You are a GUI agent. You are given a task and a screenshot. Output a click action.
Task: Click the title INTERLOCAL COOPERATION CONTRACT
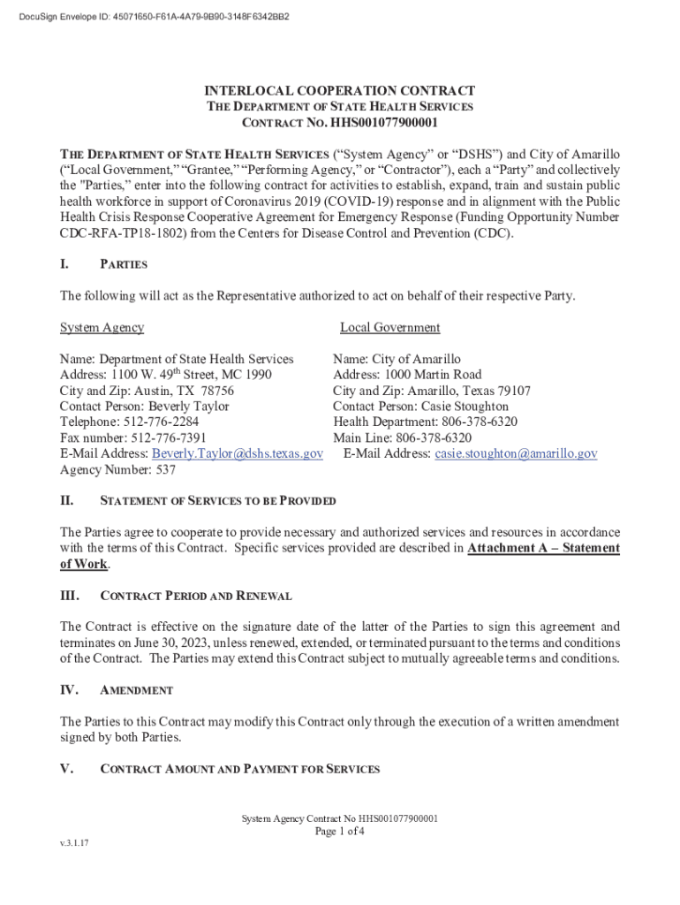[x=340, y=91]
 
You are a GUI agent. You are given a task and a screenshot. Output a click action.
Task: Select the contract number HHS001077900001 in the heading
[x=384, y=123]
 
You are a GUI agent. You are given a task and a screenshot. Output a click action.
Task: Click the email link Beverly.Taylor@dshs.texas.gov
[x=238, y=453]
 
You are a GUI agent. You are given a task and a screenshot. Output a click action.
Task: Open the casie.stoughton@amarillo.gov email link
[x=516, y=453]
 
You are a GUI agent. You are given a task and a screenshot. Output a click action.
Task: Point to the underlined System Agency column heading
[x=102, y=328]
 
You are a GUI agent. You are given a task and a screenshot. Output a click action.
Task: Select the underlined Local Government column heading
[x=389, y=328]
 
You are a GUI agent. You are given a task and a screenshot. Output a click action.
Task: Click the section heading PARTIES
[x=124, y=264]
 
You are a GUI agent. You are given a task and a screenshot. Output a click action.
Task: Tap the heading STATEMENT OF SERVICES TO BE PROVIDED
[x=218, y=501]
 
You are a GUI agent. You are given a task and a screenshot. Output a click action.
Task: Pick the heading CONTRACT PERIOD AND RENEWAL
[x=196, y=596]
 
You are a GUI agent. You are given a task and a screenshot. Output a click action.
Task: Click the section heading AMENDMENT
[x=137, y=690]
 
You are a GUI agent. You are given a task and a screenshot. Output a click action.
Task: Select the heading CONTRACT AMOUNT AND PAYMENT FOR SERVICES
[x=240, y=770]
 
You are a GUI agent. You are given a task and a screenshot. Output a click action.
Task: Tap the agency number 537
[x=166, y=470]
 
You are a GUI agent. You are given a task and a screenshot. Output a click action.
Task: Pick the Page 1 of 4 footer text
[x=340, y=832]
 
